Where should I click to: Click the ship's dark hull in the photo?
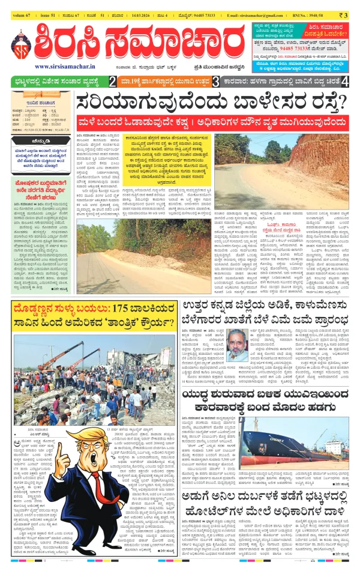(x=276, y=445)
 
